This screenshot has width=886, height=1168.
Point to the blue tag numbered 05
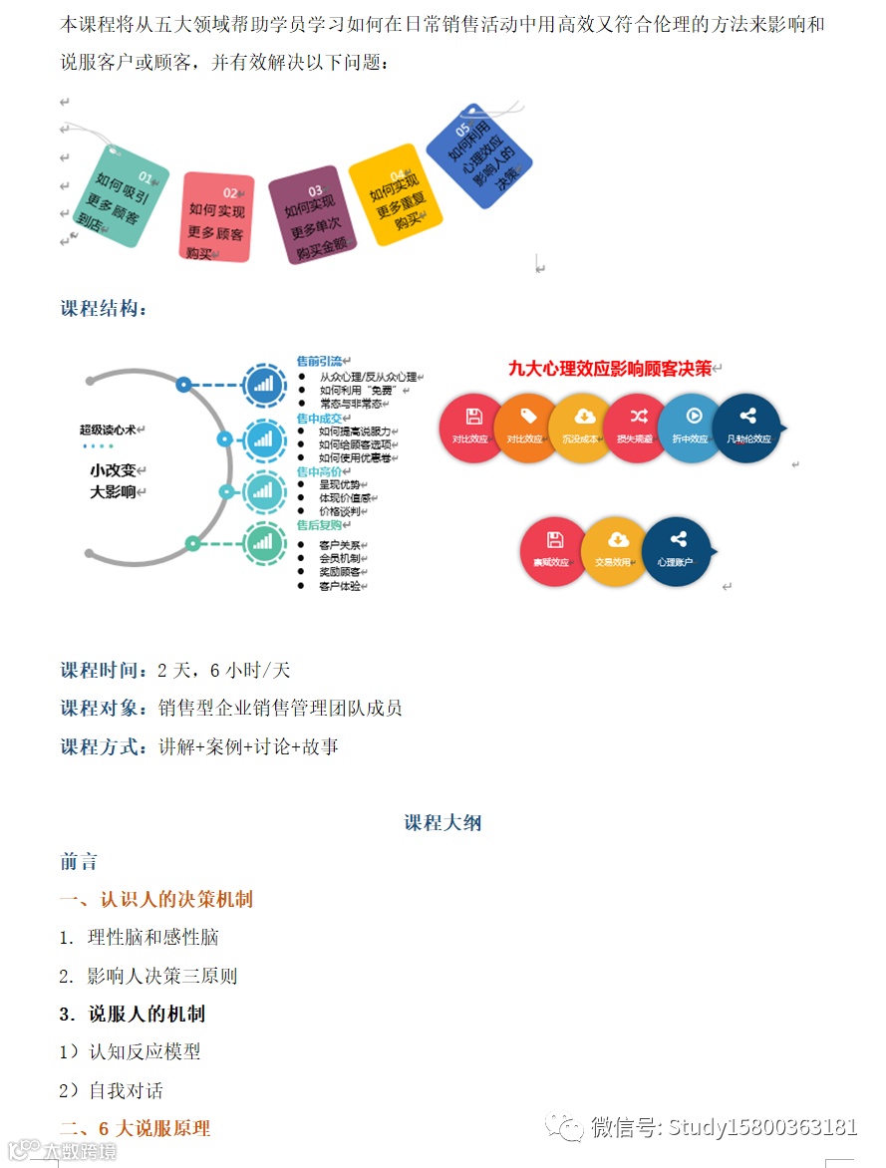(x=479, y=156)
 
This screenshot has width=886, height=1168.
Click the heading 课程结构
(x=105, y=309)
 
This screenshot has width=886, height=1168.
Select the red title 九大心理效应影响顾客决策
(x=610, y=369)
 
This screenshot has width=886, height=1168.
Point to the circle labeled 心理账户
(x=676, y=551)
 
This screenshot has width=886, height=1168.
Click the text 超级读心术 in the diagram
(x=113, y=431)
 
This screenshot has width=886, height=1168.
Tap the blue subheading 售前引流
(x=319, y=361)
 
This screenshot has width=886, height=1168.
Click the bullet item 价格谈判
(x=338, y=510)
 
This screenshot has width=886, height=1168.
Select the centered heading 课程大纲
(x=443, y=823)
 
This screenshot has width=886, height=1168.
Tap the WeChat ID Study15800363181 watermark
(x=724, y=1127)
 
